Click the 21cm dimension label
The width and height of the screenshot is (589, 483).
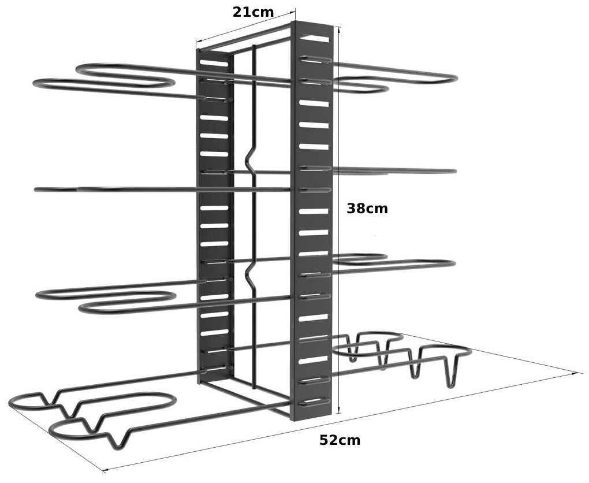(253, 12)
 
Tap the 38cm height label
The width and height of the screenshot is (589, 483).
(367, 209)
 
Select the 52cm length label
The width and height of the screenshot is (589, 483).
(340, 440)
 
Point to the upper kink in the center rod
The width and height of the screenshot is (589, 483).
(249, 158)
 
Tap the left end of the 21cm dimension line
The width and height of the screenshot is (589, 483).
(196, 42)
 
